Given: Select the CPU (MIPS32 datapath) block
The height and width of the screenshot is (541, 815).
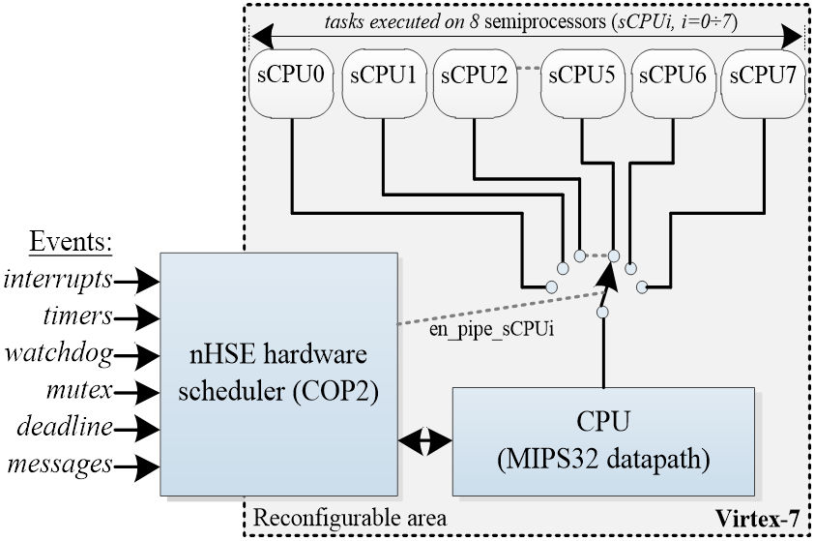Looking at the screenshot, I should [x=602, y=440].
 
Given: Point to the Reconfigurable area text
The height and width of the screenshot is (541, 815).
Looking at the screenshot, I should [x=350, y=518].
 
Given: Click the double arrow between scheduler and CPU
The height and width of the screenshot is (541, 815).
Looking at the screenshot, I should [x=425, y=440].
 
